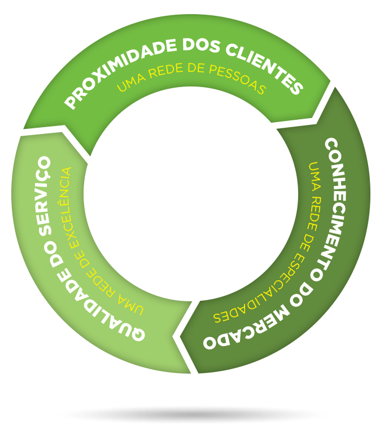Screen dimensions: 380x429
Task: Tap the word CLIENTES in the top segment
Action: (x=265, y=69)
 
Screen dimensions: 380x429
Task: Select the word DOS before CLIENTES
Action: (x=201, y=45)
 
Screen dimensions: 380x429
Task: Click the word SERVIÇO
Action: (x=45, y=196)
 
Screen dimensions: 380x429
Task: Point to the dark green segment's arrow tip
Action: (x=174, y=336)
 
